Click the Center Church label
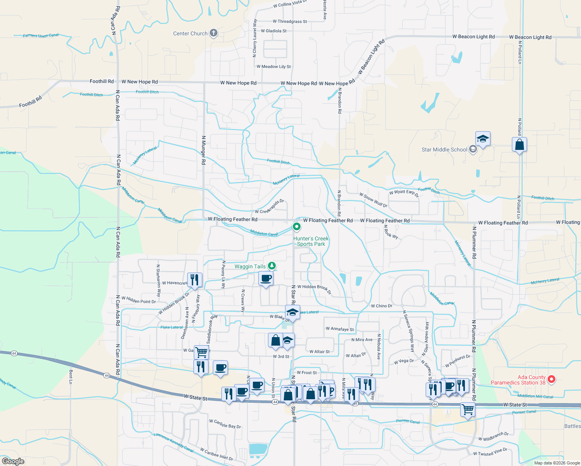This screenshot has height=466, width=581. (x=190, y=34)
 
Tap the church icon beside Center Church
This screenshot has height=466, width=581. (x=214, y=33)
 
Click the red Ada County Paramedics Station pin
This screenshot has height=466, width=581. (x=551, y=379)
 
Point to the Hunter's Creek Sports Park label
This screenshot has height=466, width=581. (x=311, y=241)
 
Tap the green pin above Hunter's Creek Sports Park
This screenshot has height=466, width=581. (x=297, y=226)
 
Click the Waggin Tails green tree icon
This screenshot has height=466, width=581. (x=272, y=266)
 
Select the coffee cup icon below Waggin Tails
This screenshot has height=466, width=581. (x=266, y=278)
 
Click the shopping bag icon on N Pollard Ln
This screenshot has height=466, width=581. (x=519, y=145)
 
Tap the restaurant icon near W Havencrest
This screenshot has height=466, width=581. (x=195, y=280)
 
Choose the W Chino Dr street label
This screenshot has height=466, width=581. (x=381, y=306)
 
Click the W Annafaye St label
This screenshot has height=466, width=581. (x=340, y=329)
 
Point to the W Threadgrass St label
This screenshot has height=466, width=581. (x=290, y=22)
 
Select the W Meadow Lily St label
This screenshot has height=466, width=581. (x=273, y=67)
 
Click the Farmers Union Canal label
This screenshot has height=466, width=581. (x=41, y=36)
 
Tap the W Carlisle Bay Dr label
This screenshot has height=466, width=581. (x=225, y=424)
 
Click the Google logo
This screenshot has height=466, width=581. (x=13, y=461)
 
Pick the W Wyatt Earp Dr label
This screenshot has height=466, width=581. (x=404, y=193)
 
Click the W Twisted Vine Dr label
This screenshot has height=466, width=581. (x=490, y=452)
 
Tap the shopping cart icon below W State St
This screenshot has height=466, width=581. (x=468, y=409)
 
